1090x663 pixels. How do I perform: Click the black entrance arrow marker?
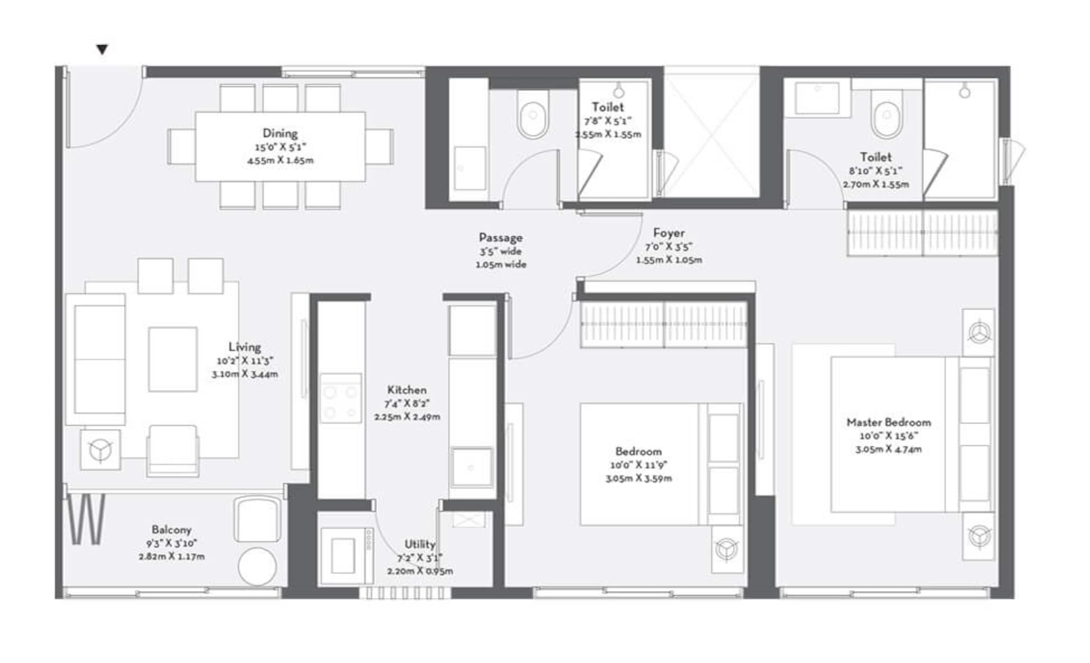point(102,49)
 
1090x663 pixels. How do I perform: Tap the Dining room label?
point(280,133)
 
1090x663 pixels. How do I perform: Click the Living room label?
point(245,347)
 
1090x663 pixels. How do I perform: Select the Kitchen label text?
point(407,390)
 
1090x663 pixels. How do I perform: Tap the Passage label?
point(500,238)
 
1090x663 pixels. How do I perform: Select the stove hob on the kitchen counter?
point(341,398)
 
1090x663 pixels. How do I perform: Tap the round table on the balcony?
point(257,567)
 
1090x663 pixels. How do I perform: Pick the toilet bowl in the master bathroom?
point(887,116)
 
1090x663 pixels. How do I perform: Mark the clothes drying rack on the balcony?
point(86,519)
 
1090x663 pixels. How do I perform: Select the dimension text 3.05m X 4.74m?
point(888,449)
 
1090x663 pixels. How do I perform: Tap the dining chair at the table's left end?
point(181,147)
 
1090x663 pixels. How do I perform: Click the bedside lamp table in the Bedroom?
point(727,549)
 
